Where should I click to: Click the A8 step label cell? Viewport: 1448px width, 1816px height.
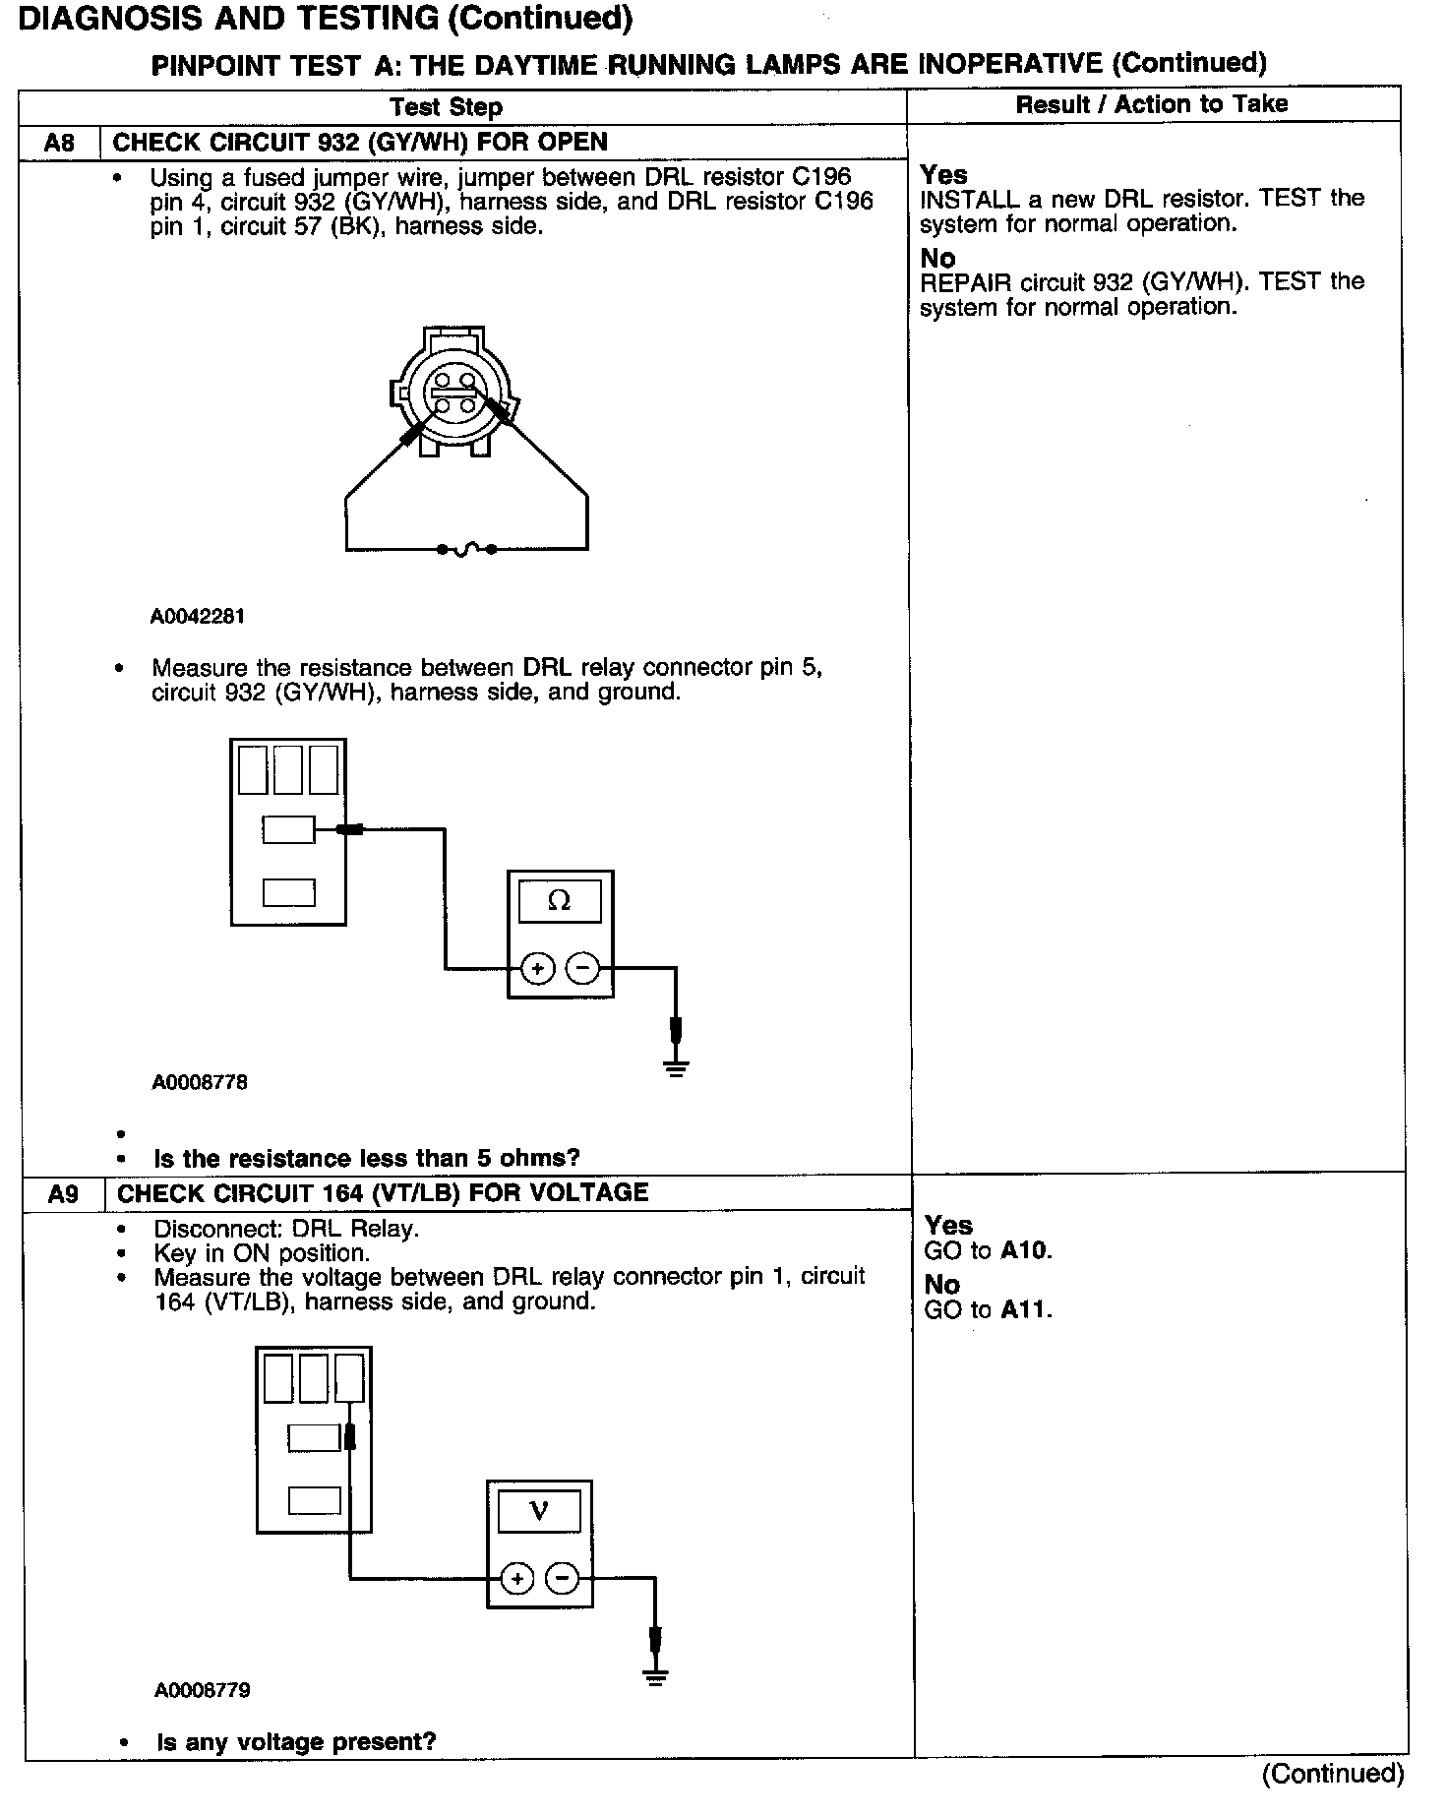point(60,143)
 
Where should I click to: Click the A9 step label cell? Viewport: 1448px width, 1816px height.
point(63,1194)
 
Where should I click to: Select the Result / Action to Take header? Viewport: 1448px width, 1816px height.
point(1151,104)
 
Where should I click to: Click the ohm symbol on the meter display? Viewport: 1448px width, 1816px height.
point(559,900)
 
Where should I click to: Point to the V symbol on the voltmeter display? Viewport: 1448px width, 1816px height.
point(538,1510)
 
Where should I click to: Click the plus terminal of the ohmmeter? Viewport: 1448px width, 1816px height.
point(537,969)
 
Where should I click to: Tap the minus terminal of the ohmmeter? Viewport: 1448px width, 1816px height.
point(582,969)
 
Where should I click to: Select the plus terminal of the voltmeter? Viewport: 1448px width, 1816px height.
point(516,1579)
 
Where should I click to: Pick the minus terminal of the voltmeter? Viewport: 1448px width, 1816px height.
point(562,1579)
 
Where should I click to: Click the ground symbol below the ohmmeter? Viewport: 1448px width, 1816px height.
point(675,1066)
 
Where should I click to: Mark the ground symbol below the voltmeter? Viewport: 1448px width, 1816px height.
point(655,1676)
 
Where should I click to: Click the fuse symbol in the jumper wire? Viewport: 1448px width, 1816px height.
point(467,549)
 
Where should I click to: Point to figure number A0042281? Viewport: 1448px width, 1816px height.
point(198,617)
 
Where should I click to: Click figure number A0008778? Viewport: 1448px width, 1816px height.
point(200,1082)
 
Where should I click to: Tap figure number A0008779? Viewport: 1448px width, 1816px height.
point(202,1690)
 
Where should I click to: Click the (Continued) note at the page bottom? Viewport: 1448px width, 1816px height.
point(1333,1773)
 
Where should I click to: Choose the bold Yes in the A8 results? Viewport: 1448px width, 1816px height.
point(943,175)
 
